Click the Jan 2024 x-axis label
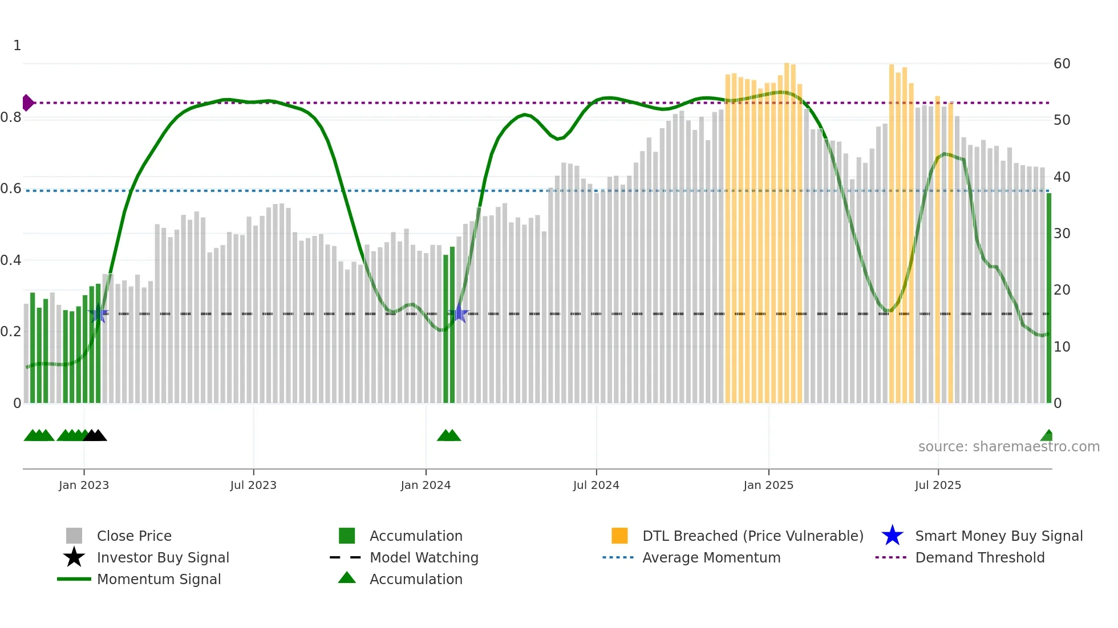(x=426, y=485)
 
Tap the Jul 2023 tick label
(x=253, y=485)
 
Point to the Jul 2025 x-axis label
(x=938, y=485)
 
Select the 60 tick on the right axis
(x=1062, y=64)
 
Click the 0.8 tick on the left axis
(x=11, y=117)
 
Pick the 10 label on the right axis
(x=1062, y=346)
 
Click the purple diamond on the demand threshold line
(x=27, y=103)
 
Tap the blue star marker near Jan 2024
(x=459, y=313)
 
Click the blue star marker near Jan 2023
(x=98, y=313)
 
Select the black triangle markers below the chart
(x=95, y=435)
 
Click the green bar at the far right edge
(x=1048, y=296)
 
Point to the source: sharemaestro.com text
(x=1008, y=447)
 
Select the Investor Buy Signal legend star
(x=74, y=557)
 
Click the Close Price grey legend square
(x=74, y=536)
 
